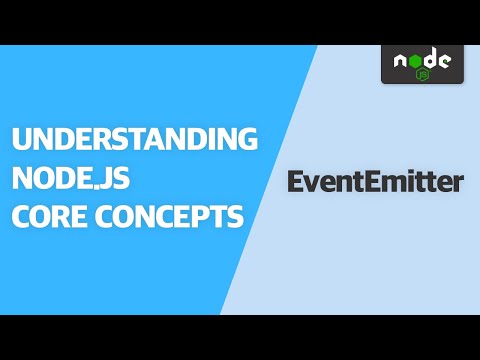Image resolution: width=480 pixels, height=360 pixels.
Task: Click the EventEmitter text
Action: (375, 182)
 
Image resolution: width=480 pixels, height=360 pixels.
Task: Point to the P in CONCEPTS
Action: (199, 216)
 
